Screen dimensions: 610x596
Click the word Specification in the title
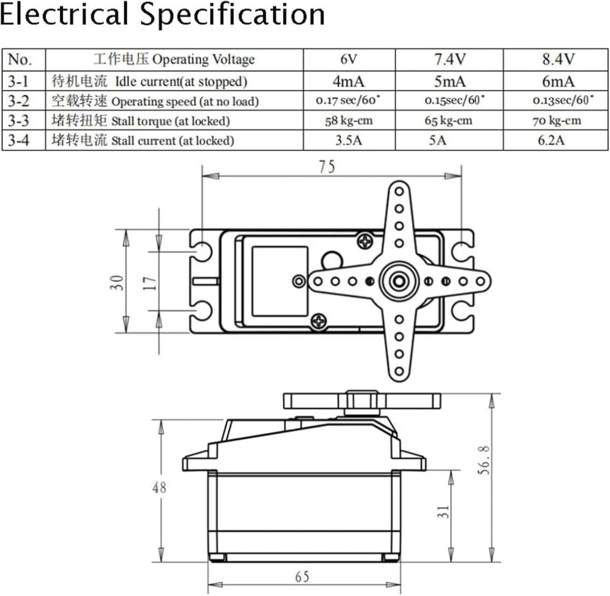click(x=232, y=15)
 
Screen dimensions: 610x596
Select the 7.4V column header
click(x=449, y=59)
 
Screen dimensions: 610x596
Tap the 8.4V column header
click(x=558, y=59)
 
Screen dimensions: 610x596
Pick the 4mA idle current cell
click(x=349, y=81)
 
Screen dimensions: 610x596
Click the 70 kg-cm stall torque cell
click(x=557, y=121)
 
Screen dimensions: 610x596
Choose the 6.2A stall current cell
click(x=551, y=140)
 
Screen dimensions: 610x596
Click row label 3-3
click(x=18, y=121)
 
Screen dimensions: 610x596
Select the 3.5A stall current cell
click(x=349, y=140)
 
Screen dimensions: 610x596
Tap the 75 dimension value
click(x=327, y=167)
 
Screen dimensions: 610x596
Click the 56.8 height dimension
click(x=484, y=460)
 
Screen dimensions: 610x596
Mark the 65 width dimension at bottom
click(x=302, y=576)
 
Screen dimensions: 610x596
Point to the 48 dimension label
click(x=159, y=487)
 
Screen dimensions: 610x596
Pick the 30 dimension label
click(x=116, y=283)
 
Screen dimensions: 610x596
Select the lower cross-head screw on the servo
click(x=319, y=322)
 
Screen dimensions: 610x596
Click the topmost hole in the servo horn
click(x=399, y=191)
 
